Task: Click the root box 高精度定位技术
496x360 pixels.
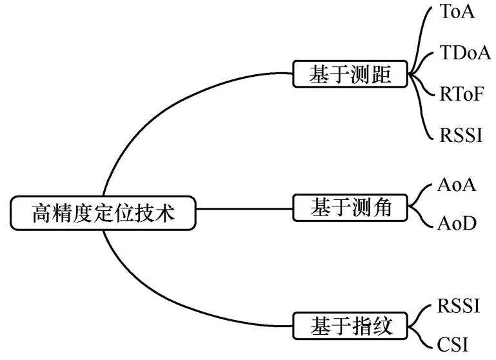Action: (x=103, y=213)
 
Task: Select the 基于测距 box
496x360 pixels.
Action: (x=351, y=75)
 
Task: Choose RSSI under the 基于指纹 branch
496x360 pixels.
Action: (x=459, y=305)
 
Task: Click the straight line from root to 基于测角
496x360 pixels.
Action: (x=245, y=208)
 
